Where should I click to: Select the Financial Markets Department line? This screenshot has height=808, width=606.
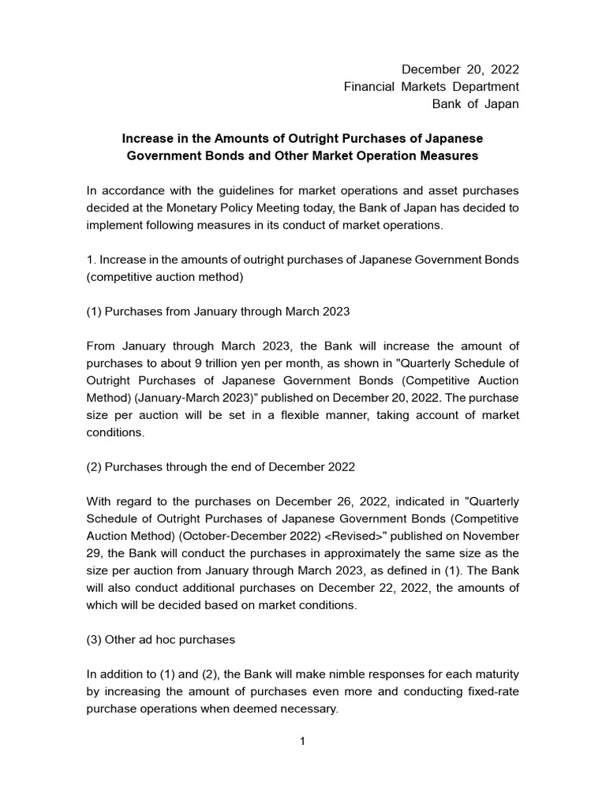tap(431, 87)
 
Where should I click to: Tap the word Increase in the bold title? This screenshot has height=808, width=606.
tap(149, 138)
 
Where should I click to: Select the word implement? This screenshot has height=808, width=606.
tap(112, 225)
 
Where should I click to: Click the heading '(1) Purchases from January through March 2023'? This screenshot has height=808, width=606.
tap(218, 311)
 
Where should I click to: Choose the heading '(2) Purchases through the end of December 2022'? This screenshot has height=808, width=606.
tap(221, 466)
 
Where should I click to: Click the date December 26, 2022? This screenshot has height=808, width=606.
tap(304, 501)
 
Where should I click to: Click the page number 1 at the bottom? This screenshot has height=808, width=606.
tap(302, 742)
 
